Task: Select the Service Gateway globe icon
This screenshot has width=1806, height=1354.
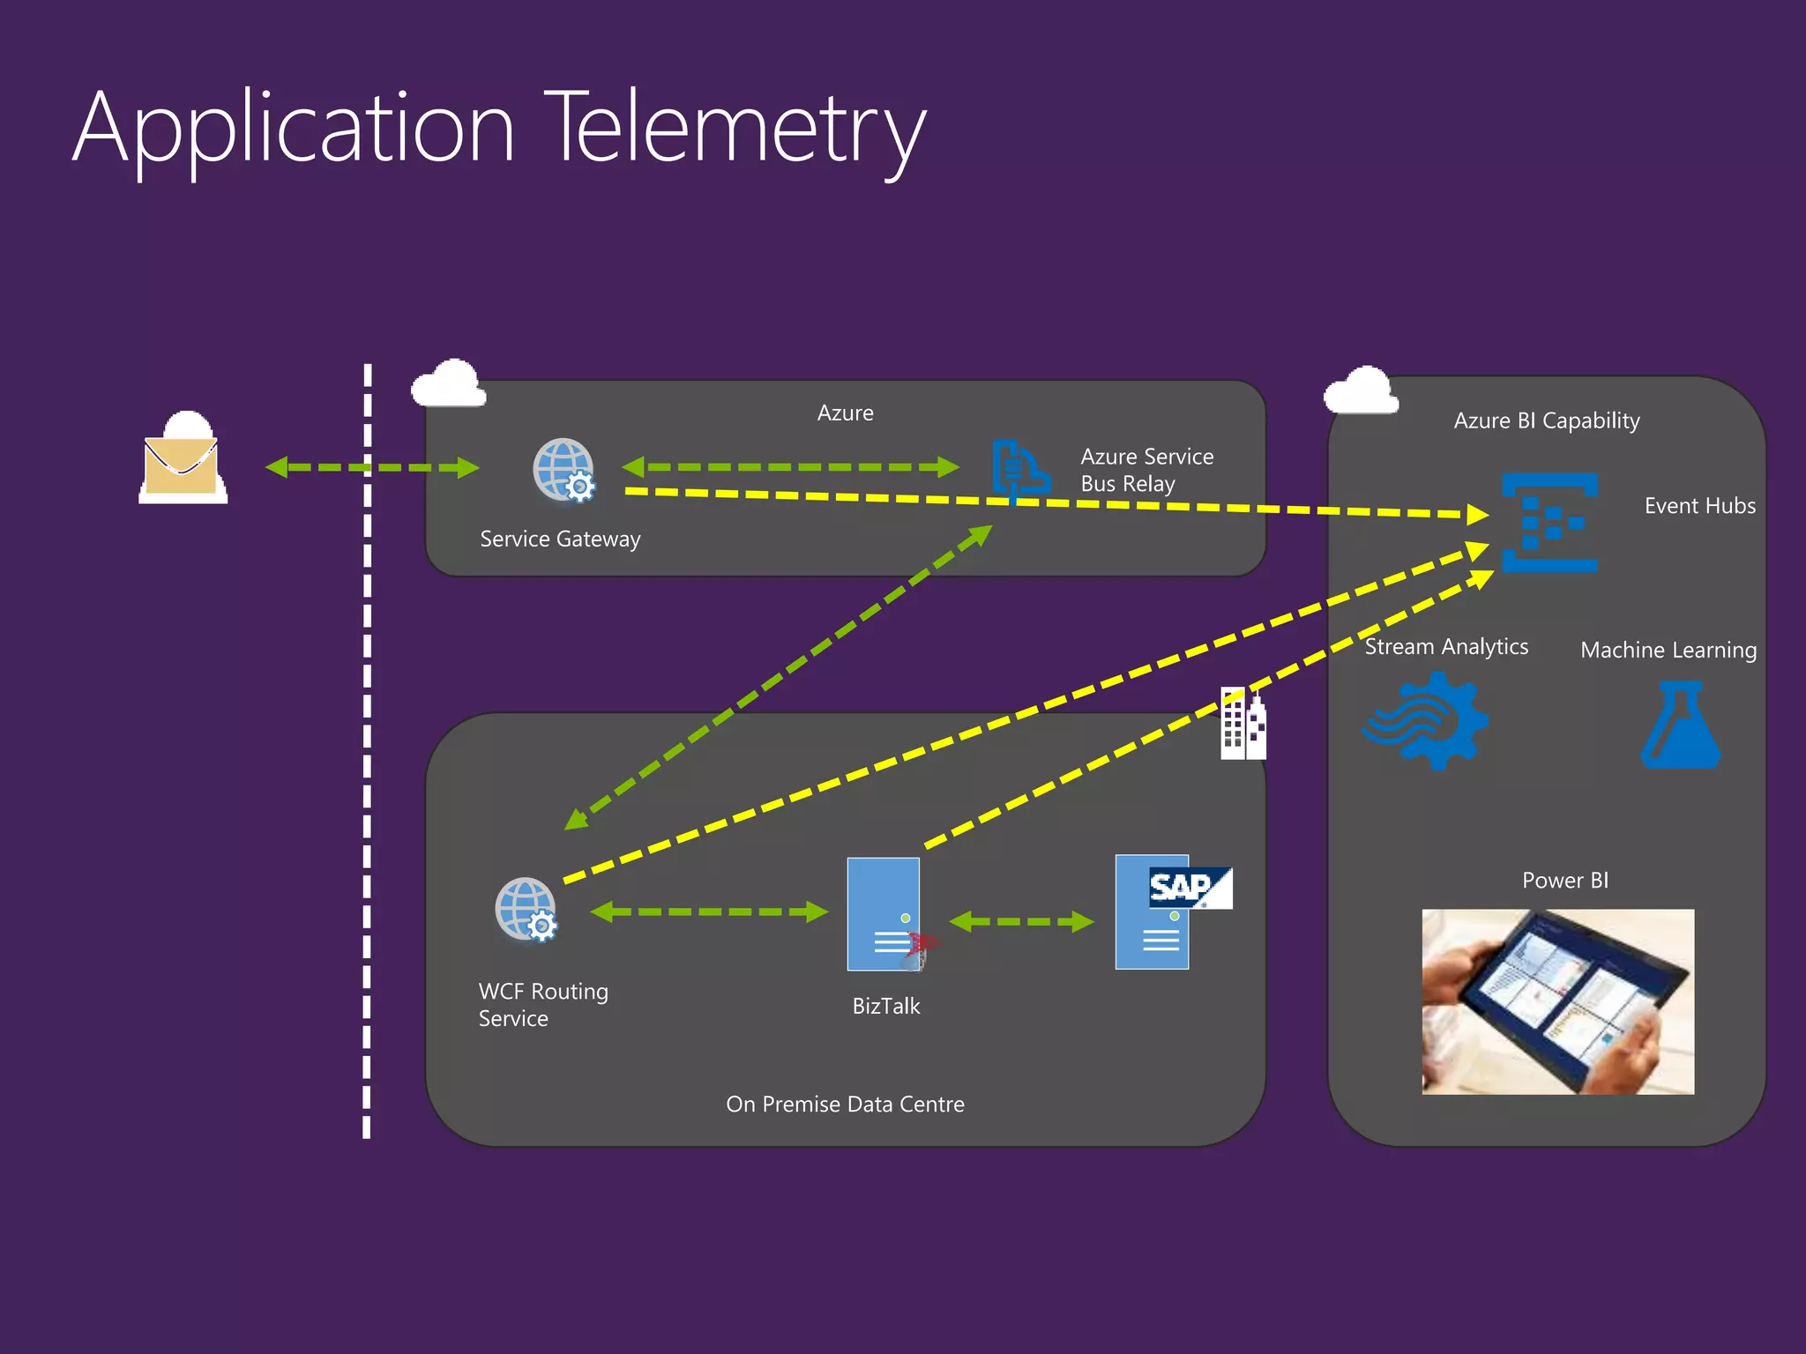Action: point(564,470)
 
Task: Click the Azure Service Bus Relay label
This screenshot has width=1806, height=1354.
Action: point(1146,470)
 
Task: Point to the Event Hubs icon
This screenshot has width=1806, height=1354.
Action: point(1549,523)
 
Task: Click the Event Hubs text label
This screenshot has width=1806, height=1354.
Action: point(1699,506)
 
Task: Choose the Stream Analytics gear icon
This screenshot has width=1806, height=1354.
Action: point(1426,721)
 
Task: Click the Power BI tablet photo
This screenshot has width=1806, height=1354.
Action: point(1557,1001)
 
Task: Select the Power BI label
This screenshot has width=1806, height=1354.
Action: point(1565,880)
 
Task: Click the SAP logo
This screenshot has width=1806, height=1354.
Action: point(1189,888)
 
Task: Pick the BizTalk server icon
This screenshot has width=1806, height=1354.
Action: point(884,914)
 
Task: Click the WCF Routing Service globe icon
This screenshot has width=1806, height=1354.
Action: point(526,910)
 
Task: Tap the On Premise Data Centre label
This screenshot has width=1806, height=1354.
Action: point(845,1104)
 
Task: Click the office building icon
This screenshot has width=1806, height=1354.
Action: point(1243,724)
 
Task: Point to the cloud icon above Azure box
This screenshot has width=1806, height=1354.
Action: point(449,384)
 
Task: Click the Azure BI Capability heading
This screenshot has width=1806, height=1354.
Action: point(1547,420)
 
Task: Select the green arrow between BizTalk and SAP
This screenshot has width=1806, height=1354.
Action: point(1021,922)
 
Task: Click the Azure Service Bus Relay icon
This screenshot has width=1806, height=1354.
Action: point(1019,468)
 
